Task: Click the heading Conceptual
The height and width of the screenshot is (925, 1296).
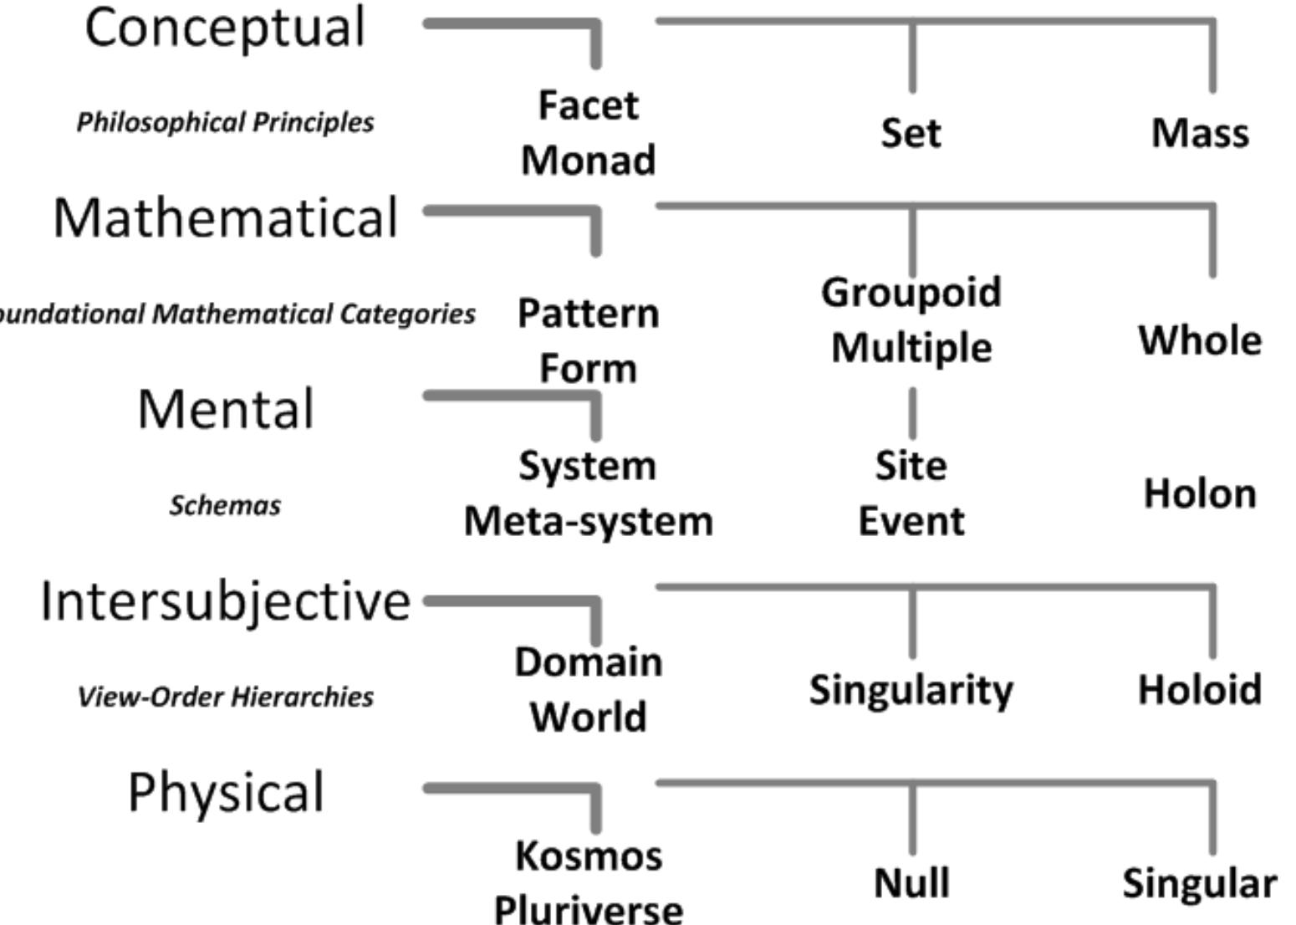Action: (x=225, y=28)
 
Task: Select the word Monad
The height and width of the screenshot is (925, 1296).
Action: (x=588, y=160)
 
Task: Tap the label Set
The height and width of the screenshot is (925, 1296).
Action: (x=911, y=133)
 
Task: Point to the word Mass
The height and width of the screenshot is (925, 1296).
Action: (x=1200, y=133)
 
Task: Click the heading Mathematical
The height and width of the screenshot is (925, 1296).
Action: (x=225, y=218)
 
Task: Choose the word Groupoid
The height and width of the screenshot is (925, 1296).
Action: (x=911, y=293)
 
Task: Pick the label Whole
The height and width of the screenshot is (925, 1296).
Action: (x=1200, y=340)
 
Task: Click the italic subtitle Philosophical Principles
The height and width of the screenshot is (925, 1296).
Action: (x=225, y=122)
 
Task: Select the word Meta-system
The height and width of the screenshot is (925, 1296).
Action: (x=588, y=521)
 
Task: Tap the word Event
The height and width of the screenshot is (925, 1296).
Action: (x=911, y=521)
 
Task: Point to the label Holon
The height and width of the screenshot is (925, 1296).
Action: (x=1200, y=493)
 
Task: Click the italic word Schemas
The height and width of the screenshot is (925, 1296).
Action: (x=225, y=505)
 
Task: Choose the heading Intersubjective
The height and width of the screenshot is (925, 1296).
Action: (x=225, y=601)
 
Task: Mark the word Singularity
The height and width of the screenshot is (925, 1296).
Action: (x=911, y=690)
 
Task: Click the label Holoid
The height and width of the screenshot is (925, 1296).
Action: (x=1200, y=690)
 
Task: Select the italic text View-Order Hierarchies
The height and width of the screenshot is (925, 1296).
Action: (x=225, y=697)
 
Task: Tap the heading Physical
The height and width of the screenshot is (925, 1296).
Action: (x=225, y=793)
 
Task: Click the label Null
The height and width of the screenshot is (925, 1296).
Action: (x=911, y=883)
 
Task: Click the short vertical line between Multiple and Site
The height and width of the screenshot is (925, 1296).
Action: (x=911, y=413)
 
